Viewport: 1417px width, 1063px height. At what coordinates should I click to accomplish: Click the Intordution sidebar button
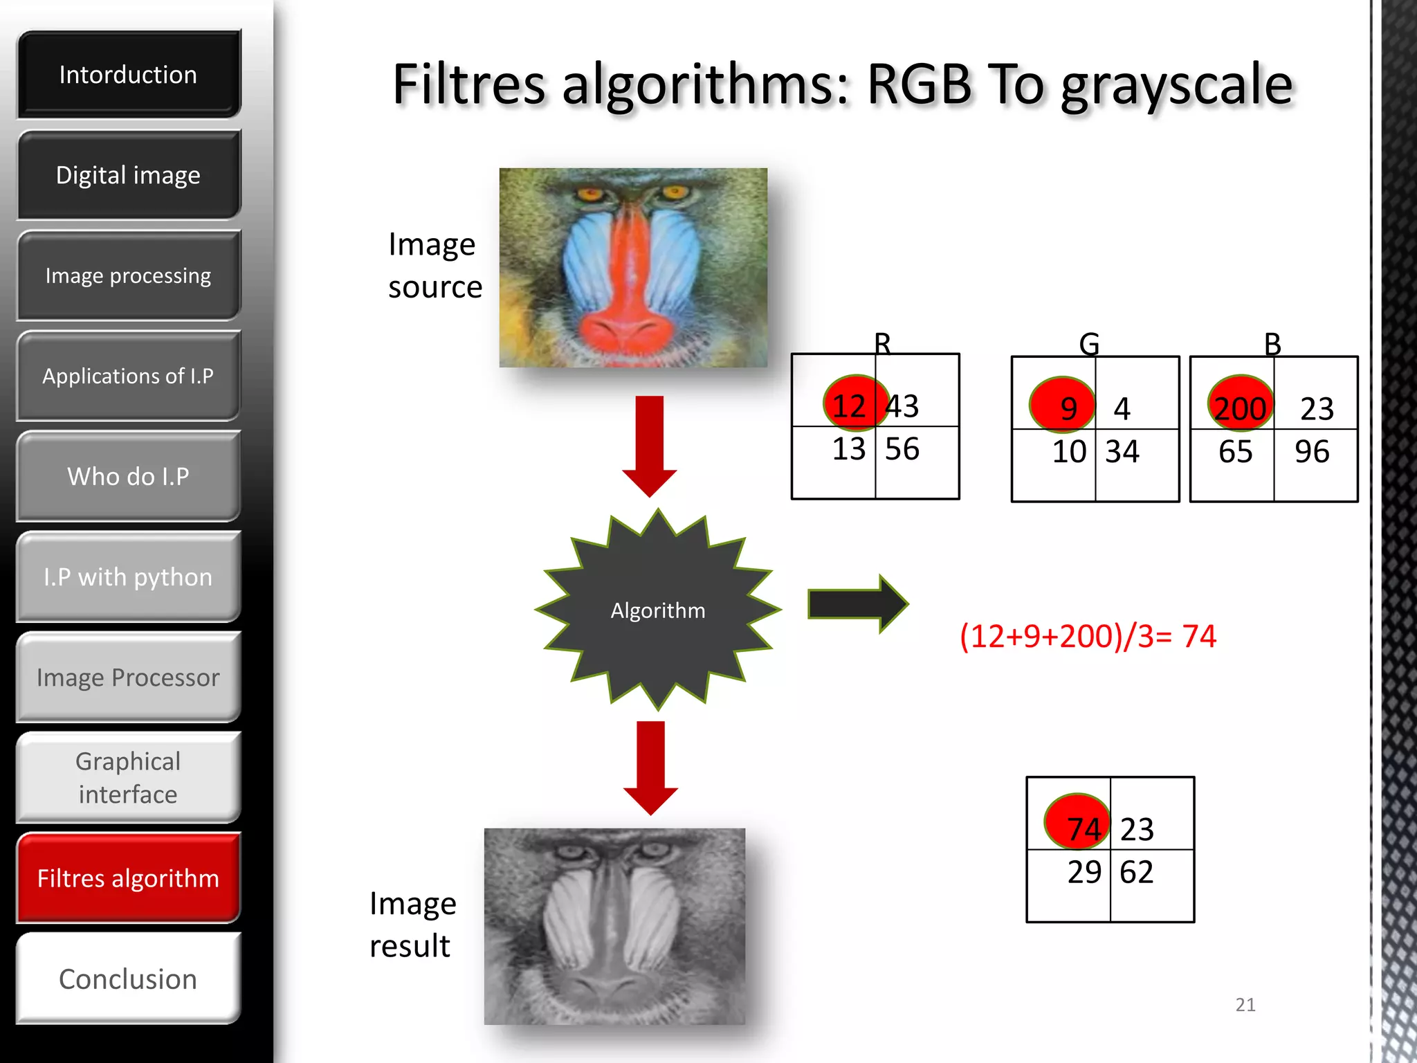coord(129,75)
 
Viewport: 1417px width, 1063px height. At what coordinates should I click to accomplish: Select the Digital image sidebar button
coord(129,175)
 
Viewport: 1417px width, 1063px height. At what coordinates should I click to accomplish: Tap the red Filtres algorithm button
coord(129,878)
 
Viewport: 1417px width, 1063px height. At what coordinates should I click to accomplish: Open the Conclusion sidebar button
coord(129,979)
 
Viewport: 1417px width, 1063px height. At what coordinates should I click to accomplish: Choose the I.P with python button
coord(129,576)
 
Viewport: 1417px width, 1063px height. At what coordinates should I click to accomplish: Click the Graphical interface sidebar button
coord(129,778)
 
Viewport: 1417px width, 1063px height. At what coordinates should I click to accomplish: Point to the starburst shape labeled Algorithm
coord(657,610)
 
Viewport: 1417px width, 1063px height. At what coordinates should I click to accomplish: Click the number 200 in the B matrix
coord(1240,408)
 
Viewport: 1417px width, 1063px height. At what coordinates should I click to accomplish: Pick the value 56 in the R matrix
coord(902,449)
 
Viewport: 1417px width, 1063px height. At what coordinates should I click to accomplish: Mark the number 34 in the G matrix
coord(1122,452)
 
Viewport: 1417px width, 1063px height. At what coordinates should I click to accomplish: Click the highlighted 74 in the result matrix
coord(1083,828)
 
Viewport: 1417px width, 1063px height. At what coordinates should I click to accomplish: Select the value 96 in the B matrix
coord(1312,452)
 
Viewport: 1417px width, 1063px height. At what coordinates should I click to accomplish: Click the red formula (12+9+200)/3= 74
coord(1088,636)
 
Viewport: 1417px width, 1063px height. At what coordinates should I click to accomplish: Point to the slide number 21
coord(1245,1005)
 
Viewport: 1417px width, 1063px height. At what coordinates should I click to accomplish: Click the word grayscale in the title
coord(1176,86)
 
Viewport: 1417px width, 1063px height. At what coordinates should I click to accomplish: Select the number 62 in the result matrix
coord(1136,872)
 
